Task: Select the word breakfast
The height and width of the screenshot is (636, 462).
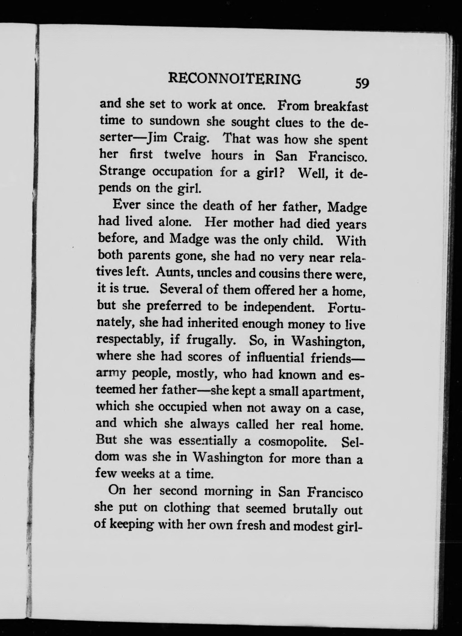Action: point(340,107)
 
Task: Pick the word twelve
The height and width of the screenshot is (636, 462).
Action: point(182,155)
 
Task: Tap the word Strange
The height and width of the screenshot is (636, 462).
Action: point(122,172)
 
